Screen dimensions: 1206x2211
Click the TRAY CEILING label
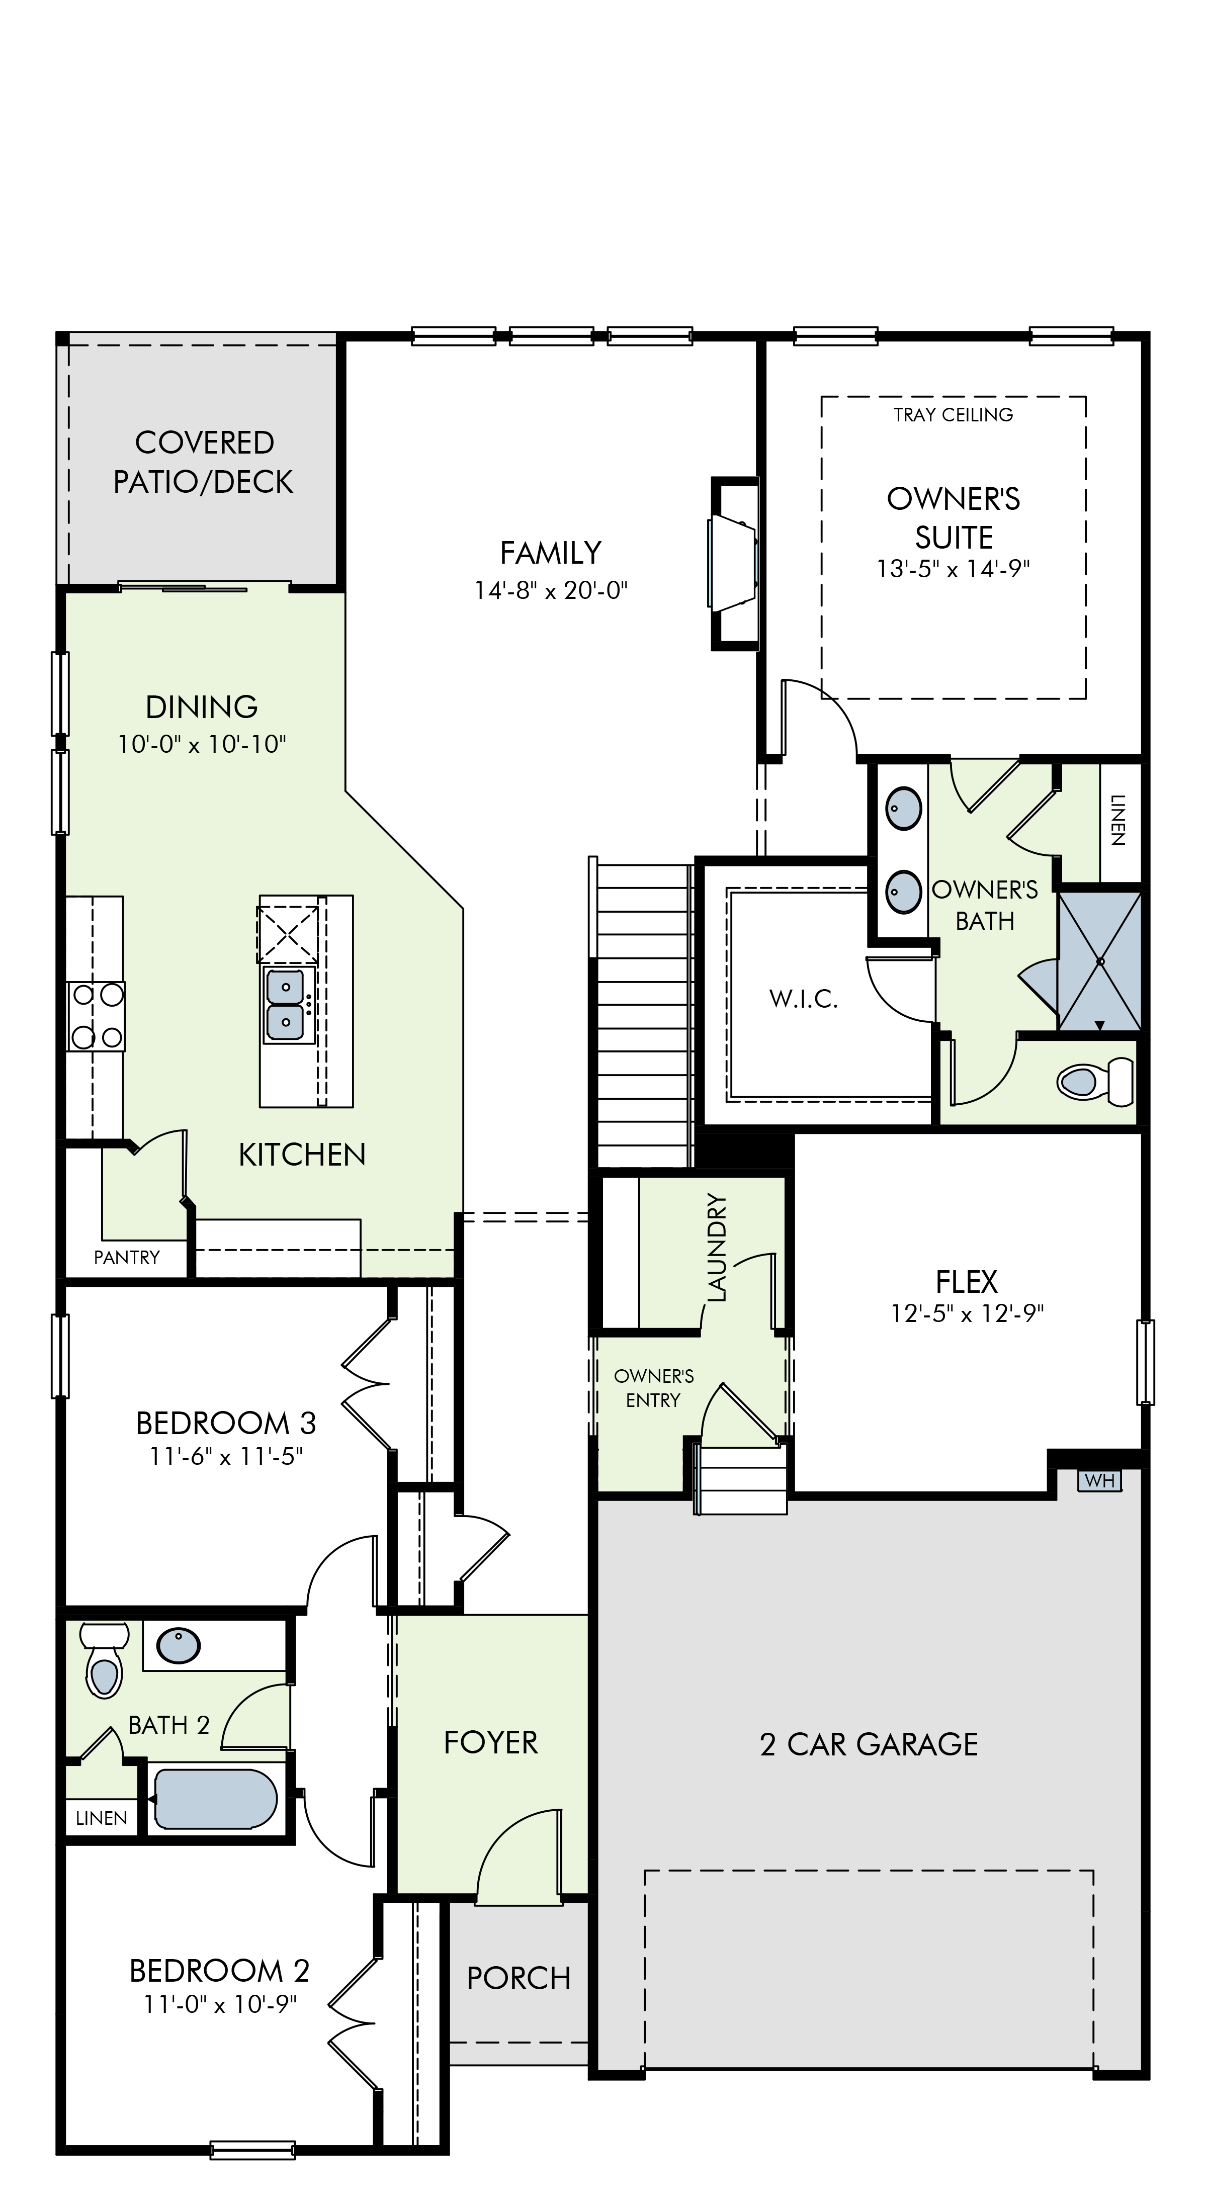click(x=953, y=414)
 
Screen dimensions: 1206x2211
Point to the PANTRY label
click(x=127, y=1258)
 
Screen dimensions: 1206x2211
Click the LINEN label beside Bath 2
click(x=101, y=1818)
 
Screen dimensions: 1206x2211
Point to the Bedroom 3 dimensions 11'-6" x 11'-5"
click(x=227, y=1457)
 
